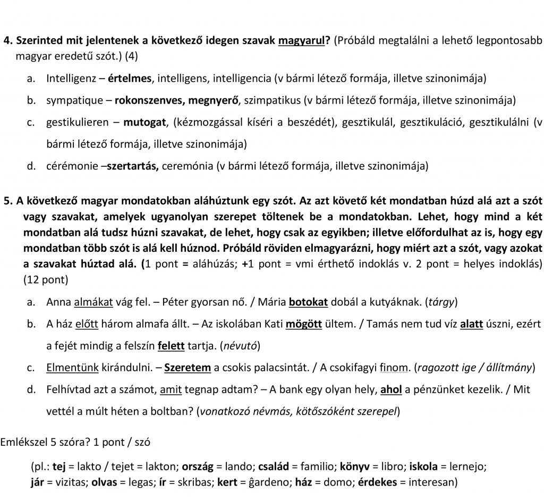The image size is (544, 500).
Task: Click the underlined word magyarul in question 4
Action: coord(301,41)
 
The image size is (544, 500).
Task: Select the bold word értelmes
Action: coord(130,79)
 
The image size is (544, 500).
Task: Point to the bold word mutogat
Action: coord(144,123)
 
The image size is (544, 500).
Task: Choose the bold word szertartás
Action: coord(133,166)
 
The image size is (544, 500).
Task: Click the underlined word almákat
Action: coord(93,302)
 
